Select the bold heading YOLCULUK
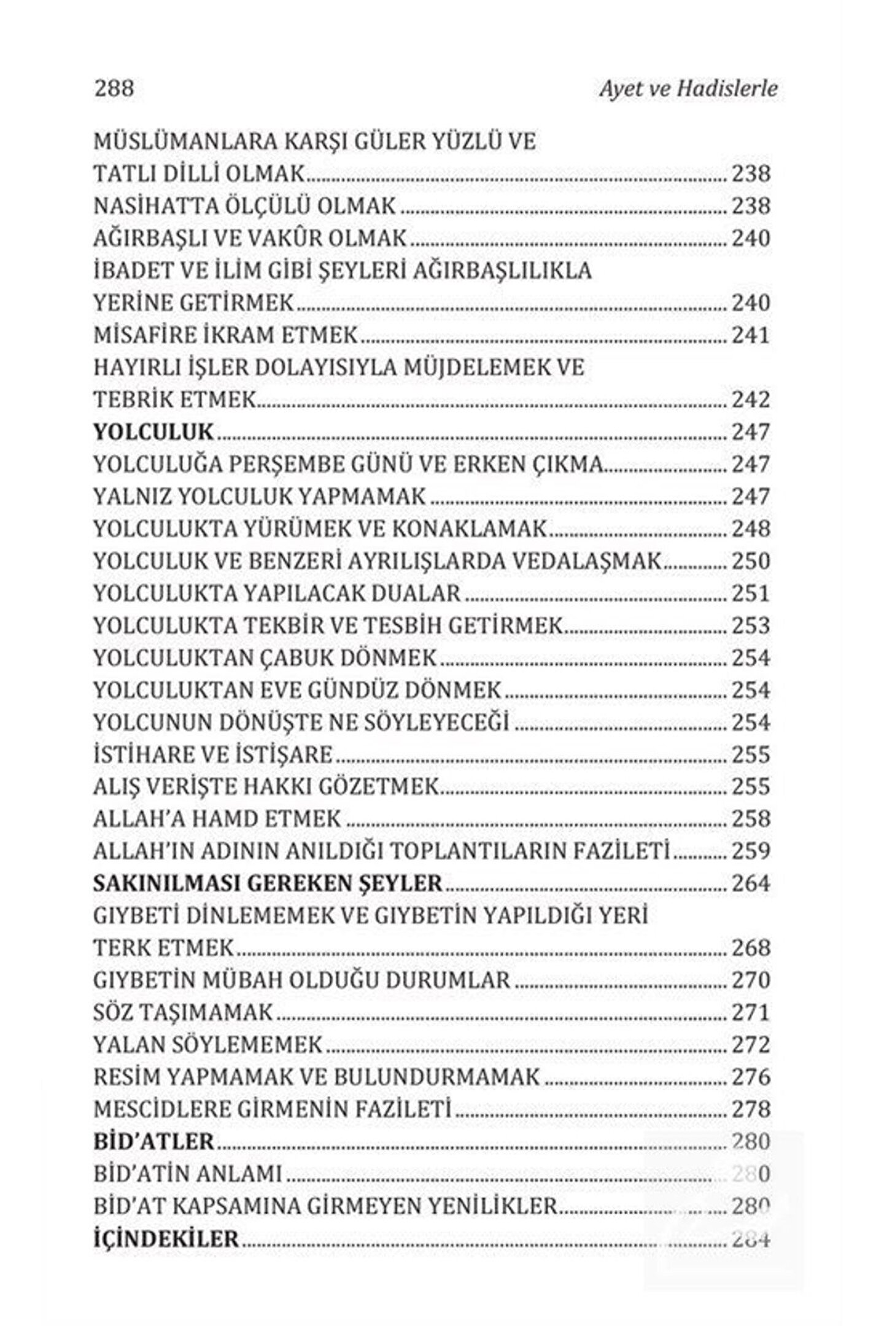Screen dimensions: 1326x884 (153, 432)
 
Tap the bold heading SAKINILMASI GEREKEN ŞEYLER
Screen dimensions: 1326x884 (268, 883)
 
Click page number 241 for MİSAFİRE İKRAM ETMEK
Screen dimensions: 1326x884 (750, 335)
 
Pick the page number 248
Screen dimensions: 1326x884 (750, 529)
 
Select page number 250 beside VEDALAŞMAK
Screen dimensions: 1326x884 (750, 561)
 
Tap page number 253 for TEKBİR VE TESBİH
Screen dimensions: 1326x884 (750, 626)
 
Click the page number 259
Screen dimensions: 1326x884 (750, 851)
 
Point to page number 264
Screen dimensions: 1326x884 (750, 883)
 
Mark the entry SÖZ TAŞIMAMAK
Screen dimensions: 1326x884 (183, 1012)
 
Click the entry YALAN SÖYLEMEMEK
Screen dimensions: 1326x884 (208, 1044)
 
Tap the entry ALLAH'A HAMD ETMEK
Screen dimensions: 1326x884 (217, 819)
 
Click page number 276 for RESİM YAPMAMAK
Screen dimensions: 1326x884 (750, 1077)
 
